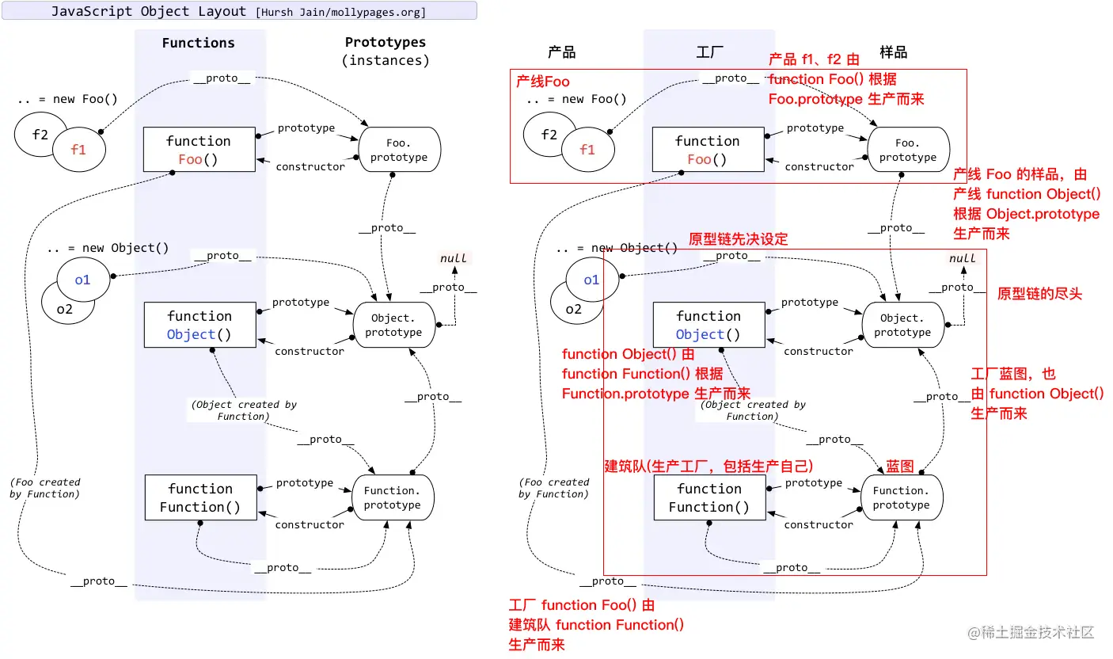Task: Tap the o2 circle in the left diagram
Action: pos(64,309)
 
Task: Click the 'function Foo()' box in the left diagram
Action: pos(199,150)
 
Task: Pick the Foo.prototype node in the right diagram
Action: pos(907,150)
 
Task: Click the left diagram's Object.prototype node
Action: pos(393,325)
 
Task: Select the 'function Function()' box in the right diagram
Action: pos(708,498)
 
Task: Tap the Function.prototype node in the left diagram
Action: pos(392,497)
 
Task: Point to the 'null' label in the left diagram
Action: pos(454,258)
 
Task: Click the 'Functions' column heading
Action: pos(198,43)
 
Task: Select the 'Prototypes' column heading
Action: pos(385,43)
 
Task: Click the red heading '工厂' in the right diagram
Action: pos(709,52)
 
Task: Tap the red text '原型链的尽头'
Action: pos(1039,294)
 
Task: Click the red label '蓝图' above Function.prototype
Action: pos(899,467)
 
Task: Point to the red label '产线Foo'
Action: pos(543,82)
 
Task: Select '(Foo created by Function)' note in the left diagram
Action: pos(45,488)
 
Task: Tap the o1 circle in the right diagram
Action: pos(591,280)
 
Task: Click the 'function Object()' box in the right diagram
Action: pos(708,325)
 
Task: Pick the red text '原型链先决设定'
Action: pos(738,239)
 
